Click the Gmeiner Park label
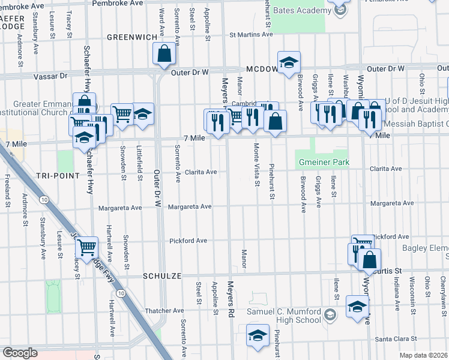click(x=323, y=162)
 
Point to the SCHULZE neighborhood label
click(x=162, y=275)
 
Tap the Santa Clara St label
click(x=396, y=340)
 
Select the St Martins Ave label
click(x=252, y=34)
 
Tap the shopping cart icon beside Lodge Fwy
click(x=88, y=246)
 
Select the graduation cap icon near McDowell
click(x=289, y=62)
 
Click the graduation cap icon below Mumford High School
click(x=258, y=335)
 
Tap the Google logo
click(x=20, y=353)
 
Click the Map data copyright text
click(x=423, y=355)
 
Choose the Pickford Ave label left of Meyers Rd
click(x=188, y=241)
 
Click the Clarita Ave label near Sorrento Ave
click(x=200, y=172)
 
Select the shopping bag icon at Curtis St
click(x=369, y=260)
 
